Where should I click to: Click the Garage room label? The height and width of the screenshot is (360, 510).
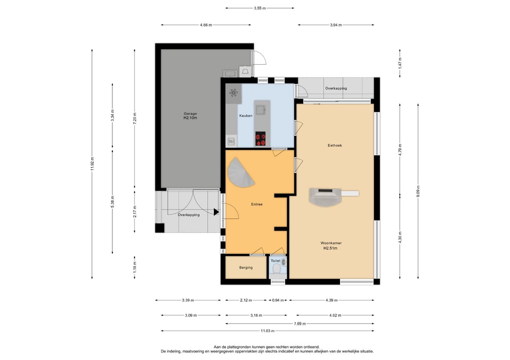[190, 114]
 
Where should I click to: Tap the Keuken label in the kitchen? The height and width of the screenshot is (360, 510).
[246, 116]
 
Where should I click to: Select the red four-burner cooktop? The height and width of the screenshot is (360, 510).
[261, 139]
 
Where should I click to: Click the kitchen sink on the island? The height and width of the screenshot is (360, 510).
[261, 110]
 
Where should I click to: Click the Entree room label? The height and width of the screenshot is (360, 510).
[256, 204]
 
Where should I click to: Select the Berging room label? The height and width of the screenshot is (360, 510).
[246, 268]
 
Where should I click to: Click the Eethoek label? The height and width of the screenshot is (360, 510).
[335, 146]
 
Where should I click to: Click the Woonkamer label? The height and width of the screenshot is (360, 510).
[331, 243]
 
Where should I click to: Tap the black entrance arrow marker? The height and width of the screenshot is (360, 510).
[216, 212]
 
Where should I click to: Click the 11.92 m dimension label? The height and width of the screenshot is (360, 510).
[93, 164]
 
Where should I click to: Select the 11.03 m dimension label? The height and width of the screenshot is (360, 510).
[267, 331]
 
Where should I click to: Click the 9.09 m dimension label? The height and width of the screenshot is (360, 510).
[418, 192]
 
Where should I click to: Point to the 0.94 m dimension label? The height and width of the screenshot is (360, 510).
[278, 301]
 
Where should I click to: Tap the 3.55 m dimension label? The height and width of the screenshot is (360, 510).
[260, 8]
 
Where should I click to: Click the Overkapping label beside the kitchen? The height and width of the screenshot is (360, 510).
[336, 88]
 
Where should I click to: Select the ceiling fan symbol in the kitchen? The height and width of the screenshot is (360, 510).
[234, 93]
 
